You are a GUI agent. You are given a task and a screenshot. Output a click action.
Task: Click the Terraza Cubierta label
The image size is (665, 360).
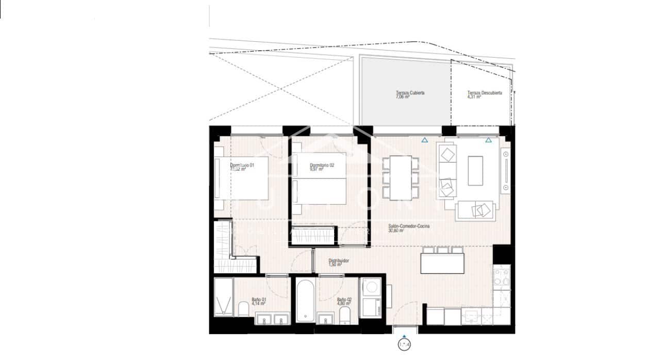(x=410, y=94)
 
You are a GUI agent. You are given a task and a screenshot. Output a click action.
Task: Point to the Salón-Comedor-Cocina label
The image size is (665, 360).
(x=409, y=228)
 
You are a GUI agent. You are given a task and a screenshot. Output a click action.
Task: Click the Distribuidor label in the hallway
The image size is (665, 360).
(x=339, y=263)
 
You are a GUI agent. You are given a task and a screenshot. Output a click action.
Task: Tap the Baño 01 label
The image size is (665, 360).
(x=259, y=301)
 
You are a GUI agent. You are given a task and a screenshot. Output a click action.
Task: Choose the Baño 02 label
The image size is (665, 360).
(x=344, y=301)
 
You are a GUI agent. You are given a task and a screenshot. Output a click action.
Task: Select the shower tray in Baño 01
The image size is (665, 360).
(x=223, y=298)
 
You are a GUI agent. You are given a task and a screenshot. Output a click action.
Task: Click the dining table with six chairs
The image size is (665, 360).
(x=400, y=177)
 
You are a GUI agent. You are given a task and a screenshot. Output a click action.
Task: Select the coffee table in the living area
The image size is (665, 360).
(x=475, y=171)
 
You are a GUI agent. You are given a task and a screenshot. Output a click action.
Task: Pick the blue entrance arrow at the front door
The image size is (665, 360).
(x=404, y=336)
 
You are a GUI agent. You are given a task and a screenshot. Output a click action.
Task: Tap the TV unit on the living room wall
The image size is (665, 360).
(x=506, y=170)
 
